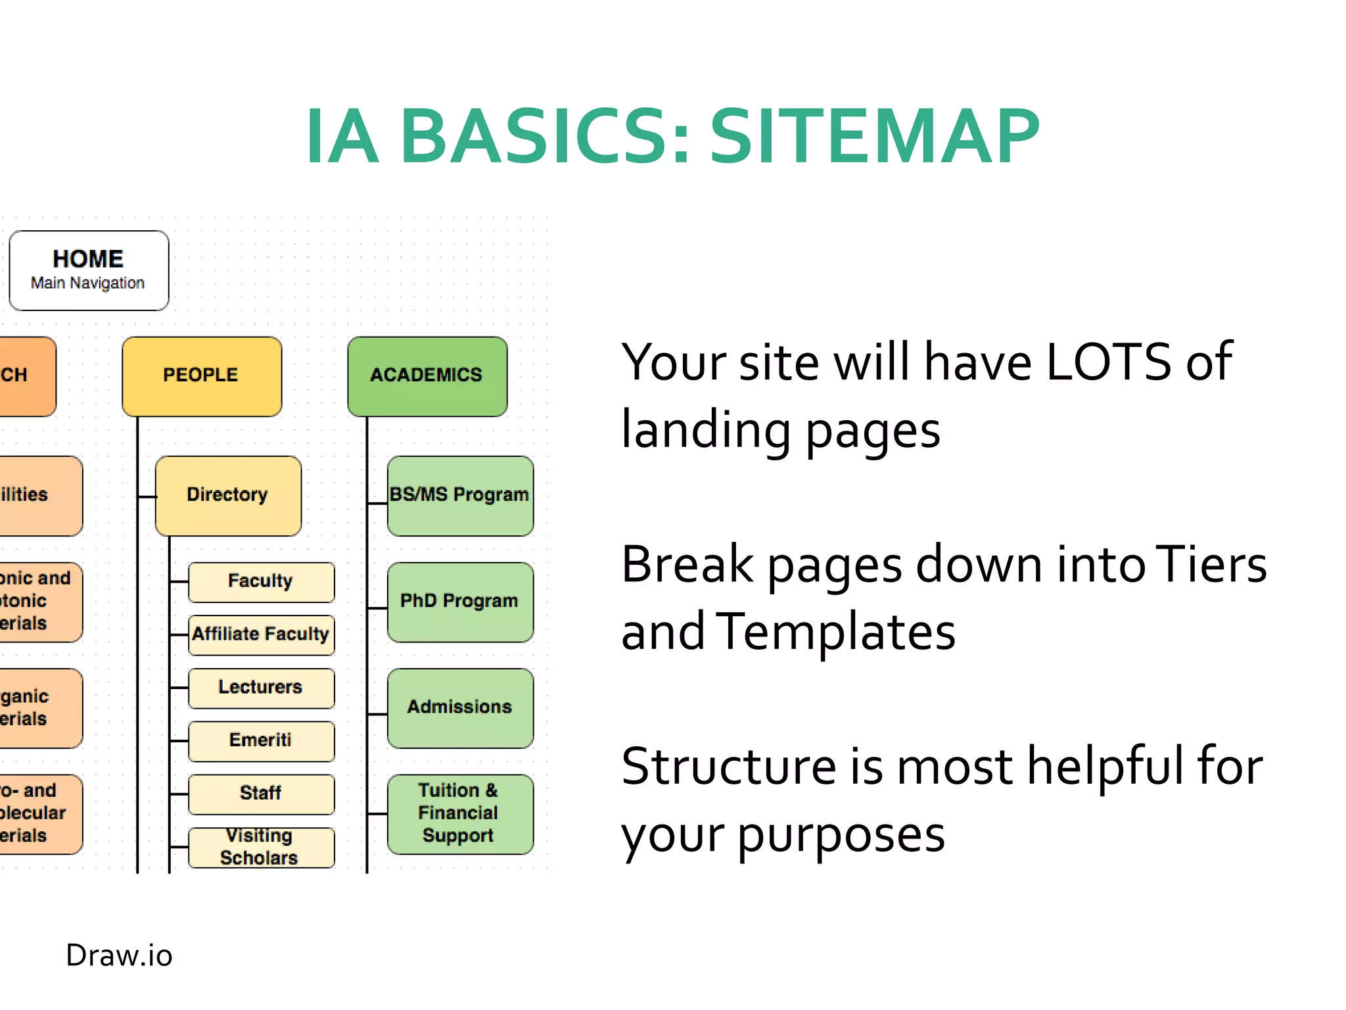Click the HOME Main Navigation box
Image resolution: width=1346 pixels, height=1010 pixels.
[89, 270]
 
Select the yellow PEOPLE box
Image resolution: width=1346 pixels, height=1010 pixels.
[202, 376]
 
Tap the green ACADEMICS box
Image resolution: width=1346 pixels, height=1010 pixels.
[427, 376]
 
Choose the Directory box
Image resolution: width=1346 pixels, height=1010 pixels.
[228, 495]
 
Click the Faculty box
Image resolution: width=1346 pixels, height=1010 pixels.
[261, 581]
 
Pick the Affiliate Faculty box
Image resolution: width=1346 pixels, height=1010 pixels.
[261, 635]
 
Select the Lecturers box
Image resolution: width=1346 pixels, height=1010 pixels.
[261, 688]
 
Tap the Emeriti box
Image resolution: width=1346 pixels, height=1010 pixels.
[261, 741]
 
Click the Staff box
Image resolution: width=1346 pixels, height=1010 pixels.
[261, 794]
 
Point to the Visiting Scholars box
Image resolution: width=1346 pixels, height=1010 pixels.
[261, 847]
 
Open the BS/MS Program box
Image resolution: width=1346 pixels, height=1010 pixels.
[460, 495]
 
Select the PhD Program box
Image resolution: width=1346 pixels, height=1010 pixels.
[460, 602]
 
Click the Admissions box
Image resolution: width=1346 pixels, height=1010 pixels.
[460, 708]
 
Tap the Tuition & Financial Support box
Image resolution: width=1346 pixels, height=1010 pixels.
[460, 813]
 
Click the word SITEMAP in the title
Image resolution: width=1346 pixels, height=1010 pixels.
[874, 137]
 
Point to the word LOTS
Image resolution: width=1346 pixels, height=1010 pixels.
[1108, 362]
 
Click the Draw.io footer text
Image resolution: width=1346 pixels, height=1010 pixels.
[119, 955]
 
